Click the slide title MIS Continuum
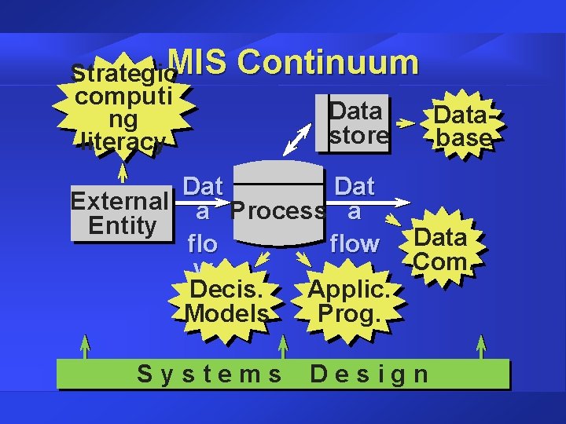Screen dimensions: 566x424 pyautogui.click(x=292, y=63)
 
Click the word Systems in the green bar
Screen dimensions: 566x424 pyautogui.click(x=209, y=374)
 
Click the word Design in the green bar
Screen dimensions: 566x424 pyautogui.click(x=369, y=374)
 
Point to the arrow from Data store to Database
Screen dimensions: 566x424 pyautogui.click(x=406, y=124)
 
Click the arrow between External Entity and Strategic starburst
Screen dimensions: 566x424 pyautogui.click(x=122, y=172)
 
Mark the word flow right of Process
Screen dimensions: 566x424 pyautogui.click(x=355, y=244)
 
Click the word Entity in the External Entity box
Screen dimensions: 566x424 pyautogui.click(x=122, y=226)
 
